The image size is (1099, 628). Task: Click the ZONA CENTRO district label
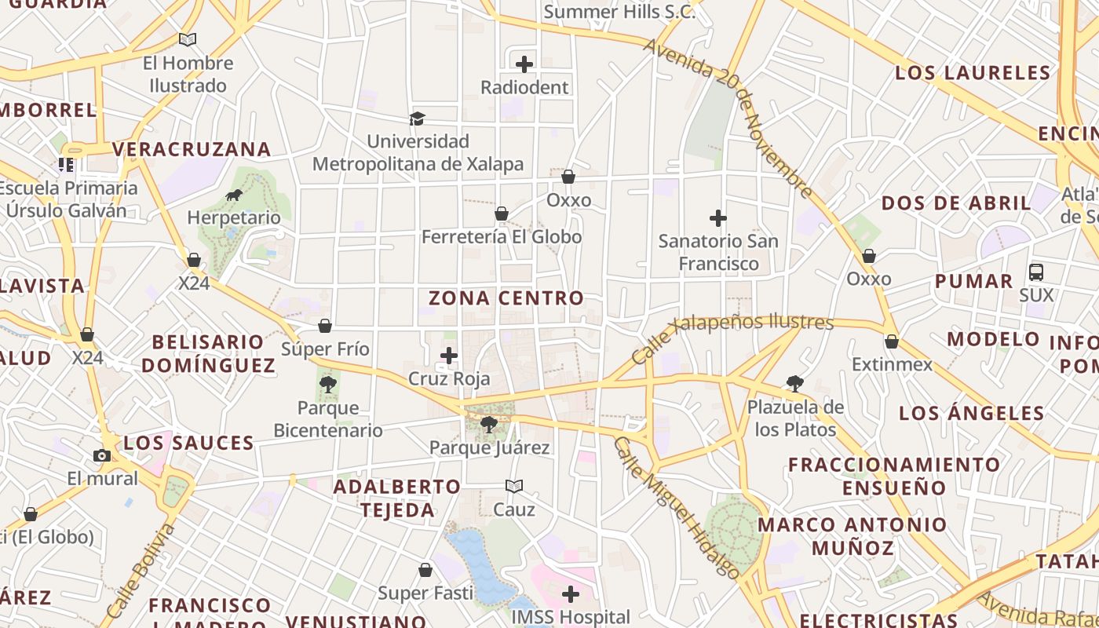click(506, 298)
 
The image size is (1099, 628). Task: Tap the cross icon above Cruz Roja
click(449, 356)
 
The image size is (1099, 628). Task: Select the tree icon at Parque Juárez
click(489, 425)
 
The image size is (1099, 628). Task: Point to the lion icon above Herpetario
click(233, 195)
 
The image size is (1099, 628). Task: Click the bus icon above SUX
click(1036, 272)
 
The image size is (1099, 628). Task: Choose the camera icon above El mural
click(101, 455)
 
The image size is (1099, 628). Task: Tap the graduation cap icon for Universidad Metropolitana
click(417, 119)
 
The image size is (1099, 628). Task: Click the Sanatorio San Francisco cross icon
click(717, 218)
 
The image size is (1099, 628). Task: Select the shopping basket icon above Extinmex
click(892, 341)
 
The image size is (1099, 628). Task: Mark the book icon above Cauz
click(514, 486)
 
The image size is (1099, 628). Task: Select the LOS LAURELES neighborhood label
click(973, 73)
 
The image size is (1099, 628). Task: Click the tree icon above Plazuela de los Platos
click(795, 384)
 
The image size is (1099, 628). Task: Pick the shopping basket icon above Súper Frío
click(325, 326)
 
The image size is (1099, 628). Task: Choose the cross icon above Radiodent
click(524, 64)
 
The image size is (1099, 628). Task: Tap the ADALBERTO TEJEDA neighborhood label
click(397, 498)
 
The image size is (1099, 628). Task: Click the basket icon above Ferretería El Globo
click(502, 214)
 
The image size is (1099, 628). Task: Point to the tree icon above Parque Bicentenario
click(328, 385)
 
